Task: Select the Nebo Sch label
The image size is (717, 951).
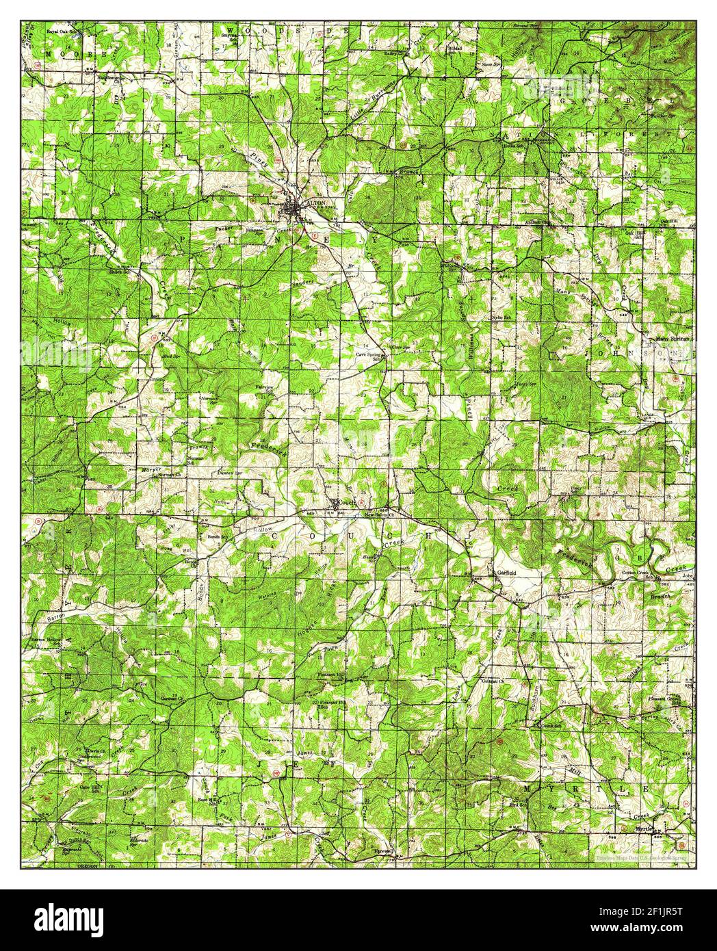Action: click(x=501, y=318)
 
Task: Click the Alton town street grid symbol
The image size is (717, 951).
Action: click(x=293, y=209)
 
